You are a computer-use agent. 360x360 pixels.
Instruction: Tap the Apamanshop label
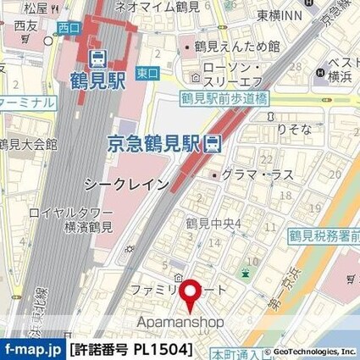point(181,322)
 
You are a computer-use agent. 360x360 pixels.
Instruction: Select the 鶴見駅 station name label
point(97,83)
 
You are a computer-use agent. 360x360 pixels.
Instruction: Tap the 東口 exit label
point(147,74)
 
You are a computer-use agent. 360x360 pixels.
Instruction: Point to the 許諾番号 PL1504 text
point(131,349)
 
